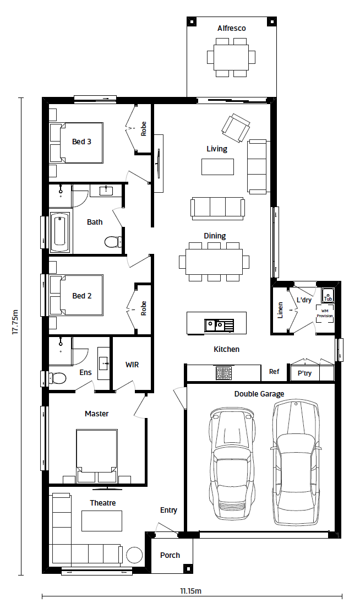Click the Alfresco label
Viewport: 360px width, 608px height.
(231, 28)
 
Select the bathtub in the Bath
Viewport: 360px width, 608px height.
(59, 231)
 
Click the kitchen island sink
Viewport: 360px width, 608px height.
(219, 325)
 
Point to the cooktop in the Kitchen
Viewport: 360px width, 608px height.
(223, 373)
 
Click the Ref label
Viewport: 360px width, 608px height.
(274, 372)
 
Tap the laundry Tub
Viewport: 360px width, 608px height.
(328, 296)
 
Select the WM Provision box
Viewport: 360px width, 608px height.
(325, 314)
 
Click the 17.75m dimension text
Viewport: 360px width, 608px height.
(15, 322)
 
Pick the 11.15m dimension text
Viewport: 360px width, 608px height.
(190, 591)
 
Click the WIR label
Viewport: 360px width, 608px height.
(132, 365)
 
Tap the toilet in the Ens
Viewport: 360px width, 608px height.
(57, 378)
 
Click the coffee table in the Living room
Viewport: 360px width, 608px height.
(217, 167)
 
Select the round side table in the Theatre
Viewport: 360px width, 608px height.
(134, 555)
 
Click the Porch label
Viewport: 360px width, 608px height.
(170, 555)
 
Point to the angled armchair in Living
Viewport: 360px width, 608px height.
(236, 128)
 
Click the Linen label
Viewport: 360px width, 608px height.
(280, 310)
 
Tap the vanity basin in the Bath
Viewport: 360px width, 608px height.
(105, 191)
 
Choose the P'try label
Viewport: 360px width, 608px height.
(304, 373)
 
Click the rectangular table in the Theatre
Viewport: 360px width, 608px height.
(101, 520)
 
